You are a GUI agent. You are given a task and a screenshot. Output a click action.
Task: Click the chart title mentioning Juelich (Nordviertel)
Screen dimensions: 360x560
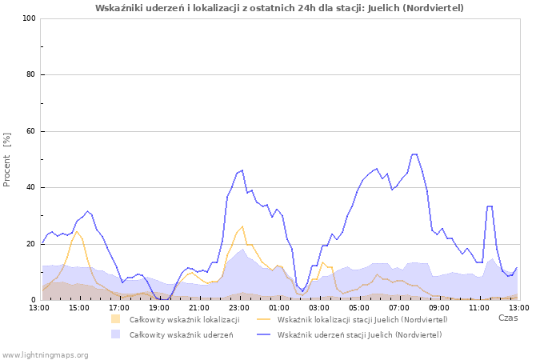[279, 8]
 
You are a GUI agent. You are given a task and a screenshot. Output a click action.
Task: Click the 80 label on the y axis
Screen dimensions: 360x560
[32, 75]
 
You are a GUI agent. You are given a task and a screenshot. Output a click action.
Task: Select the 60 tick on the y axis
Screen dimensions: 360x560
[32, 131]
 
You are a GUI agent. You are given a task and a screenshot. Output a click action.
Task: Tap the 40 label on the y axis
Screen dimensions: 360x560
[32, 188]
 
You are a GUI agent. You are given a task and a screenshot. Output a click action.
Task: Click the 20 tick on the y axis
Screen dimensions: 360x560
[32, 244]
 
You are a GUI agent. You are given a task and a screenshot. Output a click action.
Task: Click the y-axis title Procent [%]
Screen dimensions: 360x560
[8, 159]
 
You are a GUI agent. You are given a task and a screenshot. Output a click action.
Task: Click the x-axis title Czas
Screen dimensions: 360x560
[507, 318]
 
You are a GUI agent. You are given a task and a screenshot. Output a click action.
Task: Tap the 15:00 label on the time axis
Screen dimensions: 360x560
[79, 307]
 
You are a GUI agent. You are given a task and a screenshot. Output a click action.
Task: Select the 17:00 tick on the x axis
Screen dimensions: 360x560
[119, 307]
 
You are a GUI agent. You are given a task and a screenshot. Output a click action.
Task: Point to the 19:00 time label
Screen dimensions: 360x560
[159, 307]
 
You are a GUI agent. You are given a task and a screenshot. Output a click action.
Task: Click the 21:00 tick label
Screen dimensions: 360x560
[199, 307]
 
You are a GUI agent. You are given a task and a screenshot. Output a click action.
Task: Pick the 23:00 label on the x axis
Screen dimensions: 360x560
[239, 307]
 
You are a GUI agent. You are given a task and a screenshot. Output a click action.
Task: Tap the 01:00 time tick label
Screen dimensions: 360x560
[279, 307]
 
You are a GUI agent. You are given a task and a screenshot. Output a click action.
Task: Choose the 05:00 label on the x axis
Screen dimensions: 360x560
[359, 307]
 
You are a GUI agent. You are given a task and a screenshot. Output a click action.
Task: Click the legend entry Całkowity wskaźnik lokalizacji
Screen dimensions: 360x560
[184, 320]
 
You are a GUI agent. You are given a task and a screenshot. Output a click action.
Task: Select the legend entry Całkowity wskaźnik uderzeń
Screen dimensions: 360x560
[181, 334]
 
